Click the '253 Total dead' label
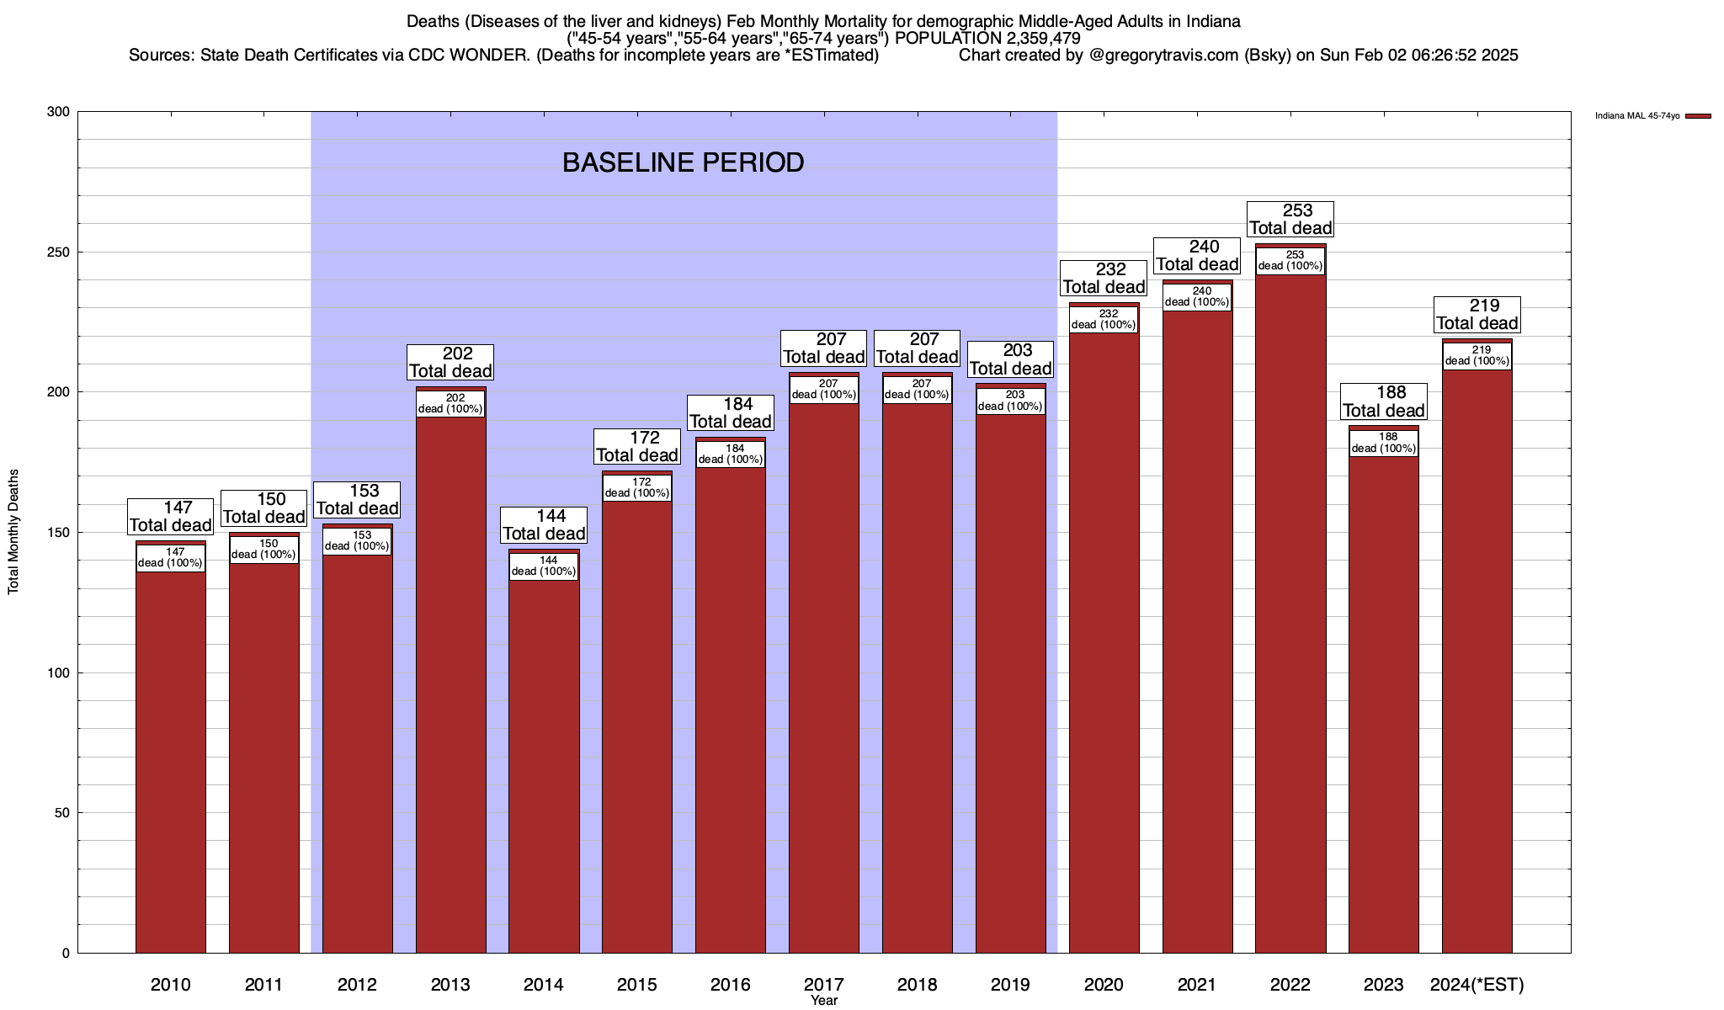[x=1290, y=219]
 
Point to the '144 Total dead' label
[x=544, y=524]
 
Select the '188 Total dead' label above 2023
[x=1384, y=401]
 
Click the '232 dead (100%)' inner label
[x=1104, y=319]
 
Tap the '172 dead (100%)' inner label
[x=637, y=487]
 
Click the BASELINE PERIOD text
[x=683, y=162]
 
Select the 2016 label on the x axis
[x=730, y=984]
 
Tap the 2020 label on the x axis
[x=1104, y=984]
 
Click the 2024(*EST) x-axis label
[x=1477, y=984]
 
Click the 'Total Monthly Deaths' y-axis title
[x=13, y=532]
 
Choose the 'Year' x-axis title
[x=824, y=1001]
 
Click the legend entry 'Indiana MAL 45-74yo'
[x=1637, y=116]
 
